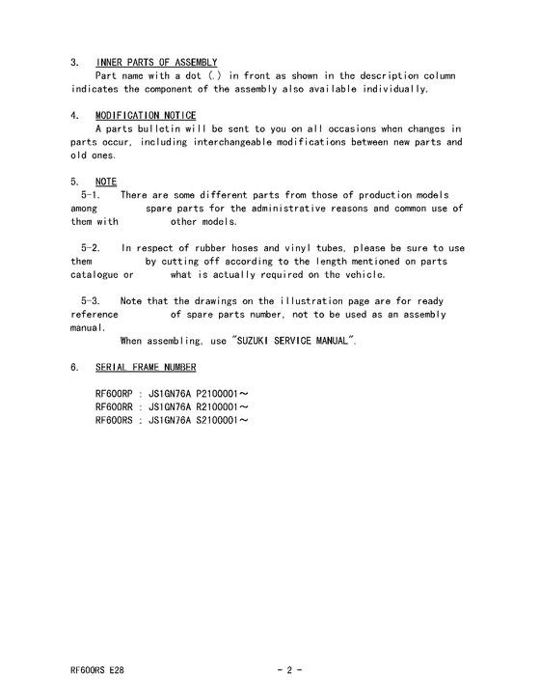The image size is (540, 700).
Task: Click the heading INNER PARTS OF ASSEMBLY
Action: (x=156, y=63)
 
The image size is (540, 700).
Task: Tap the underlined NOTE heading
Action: (x=106, y=182)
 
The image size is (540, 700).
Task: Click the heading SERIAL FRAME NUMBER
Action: (x=147, y=368)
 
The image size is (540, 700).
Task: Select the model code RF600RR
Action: (x=116, y=408)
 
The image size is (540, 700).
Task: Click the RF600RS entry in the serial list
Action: (x=116, y=421)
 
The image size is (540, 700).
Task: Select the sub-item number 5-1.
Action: (x=92, y=195)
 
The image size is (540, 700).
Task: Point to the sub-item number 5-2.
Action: (x=92, y=248)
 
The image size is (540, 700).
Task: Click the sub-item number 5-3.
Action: (x=92, y=301)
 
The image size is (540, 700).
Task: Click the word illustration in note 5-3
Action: (x=336, y=301)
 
